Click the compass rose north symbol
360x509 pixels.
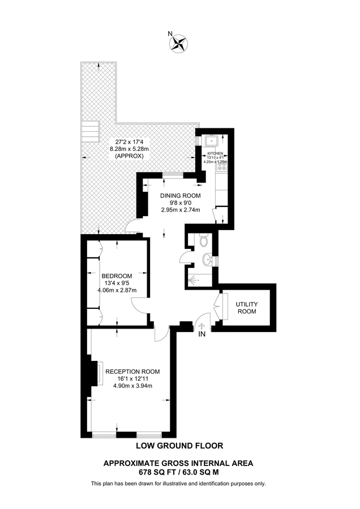[x=181, y=42]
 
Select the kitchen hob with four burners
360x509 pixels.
[x=223, y=166]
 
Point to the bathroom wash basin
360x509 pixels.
[x=208, y=260]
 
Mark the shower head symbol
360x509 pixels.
[x=195, y=279]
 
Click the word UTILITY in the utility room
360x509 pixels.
[x=247, y=304]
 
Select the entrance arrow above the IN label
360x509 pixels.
[x=202, y=326]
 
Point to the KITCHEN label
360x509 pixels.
[x=215, y=154]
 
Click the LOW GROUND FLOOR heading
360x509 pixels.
[x=179, y=446]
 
